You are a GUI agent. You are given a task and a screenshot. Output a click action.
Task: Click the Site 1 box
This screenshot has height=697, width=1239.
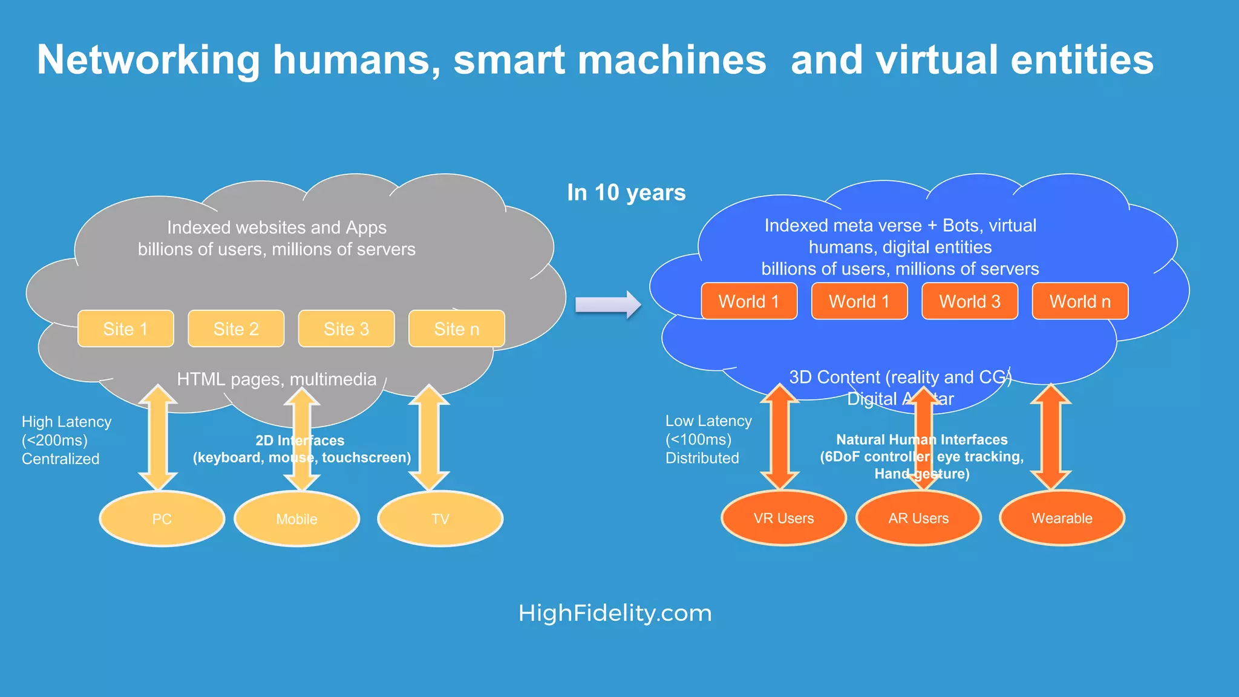coord(126,329)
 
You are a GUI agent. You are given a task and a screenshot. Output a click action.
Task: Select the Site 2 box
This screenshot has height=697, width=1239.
coord(236,329)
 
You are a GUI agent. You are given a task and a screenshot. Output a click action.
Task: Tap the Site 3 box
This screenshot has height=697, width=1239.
coord(346,329)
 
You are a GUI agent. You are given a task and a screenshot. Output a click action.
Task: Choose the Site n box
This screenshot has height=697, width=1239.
coord(457,329)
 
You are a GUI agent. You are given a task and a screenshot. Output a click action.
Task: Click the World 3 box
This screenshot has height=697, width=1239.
coord(970,301)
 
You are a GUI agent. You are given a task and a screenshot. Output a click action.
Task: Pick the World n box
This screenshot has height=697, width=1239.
coord(1080,301)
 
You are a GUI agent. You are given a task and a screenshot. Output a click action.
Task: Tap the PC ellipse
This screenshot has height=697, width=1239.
coord(162,519)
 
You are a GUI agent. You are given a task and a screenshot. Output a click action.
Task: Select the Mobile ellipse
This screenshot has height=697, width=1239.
coord(296,519)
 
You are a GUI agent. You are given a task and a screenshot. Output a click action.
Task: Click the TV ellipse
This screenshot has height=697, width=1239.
coord(440,519)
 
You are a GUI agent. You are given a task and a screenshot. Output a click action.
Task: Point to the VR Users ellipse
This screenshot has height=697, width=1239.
coord(783,518)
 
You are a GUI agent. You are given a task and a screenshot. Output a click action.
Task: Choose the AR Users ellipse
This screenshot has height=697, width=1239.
coord(918,518)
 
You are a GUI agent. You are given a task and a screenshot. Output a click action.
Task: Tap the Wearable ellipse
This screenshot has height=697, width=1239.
coord(1062,518)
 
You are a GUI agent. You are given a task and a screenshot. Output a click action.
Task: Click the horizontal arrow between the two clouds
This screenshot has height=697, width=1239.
coord(607,304)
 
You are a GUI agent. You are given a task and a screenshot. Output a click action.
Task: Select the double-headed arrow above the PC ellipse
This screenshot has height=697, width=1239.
coord(158,437)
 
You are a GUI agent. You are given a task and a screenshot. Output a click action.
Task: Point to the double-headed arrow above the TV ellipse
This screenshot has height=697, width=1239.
coord(429,437)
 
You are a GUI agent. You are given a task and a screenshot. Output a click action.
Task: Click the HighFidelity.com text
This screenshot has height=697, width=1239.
coord(615,613)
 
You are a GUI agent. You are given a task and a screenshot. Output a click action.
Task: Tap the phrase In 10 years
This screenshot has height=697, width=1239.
coord(626,192)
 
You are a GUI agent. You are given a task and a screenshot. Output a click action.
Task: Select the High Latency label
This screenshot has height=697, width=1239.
coord(67,422)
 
